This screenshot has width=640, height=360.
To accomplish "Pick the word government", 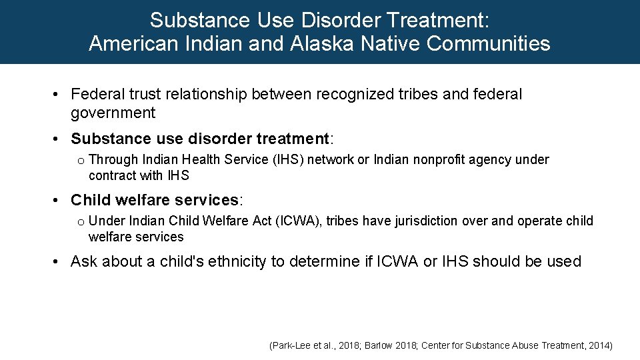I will click(113, 113).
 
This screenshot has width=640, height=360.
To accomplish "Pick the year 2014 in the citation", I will click(598, 346).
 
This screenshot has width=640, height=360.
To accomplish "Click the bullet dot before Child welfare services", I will click(59, 200).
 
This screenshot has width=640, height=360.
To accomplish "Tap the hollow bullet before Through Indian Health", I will click(80, 161).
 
